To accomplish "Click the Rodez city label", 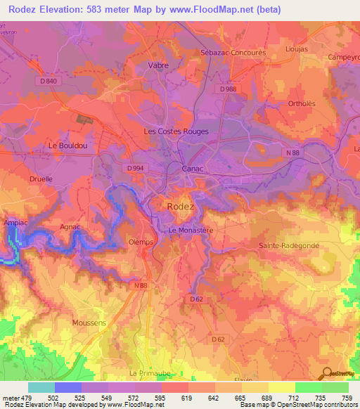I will coord(181,206).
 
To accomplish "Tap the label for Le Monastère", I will coord(191,230).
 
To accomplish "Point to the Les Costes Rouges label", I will coord(176,131).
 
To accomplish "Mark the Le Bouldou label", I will coord(67,145).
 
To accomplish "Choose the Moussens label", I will coord(89,323).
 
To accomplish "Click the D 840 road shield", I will coord(49,82).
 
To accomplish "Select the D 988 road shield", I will coord(227,89).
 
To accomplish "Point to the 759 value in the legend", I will coord(347,398).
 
